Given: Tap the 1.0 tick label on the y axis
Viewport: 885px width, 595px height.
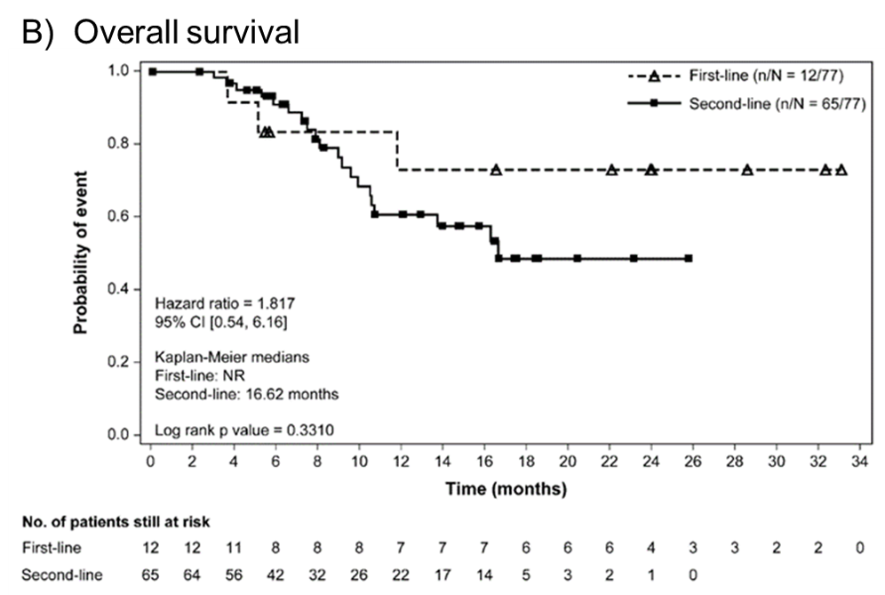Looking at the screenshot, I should point(119,70).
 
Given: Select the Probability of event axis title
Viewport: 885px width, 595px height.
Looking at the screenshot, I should point(81,253).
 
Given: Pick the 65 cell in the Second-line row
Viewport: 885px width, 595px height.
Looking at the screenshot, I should point(151,575).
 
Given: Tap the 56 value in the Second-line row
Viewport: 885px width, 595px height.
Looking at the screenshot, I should point(233,575).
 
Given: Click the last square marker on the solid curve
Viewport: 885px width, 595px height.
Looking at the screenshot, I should point(689,259).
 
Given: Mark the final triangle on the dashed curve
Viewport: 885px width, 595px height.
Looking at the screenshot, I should point(841,170).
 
